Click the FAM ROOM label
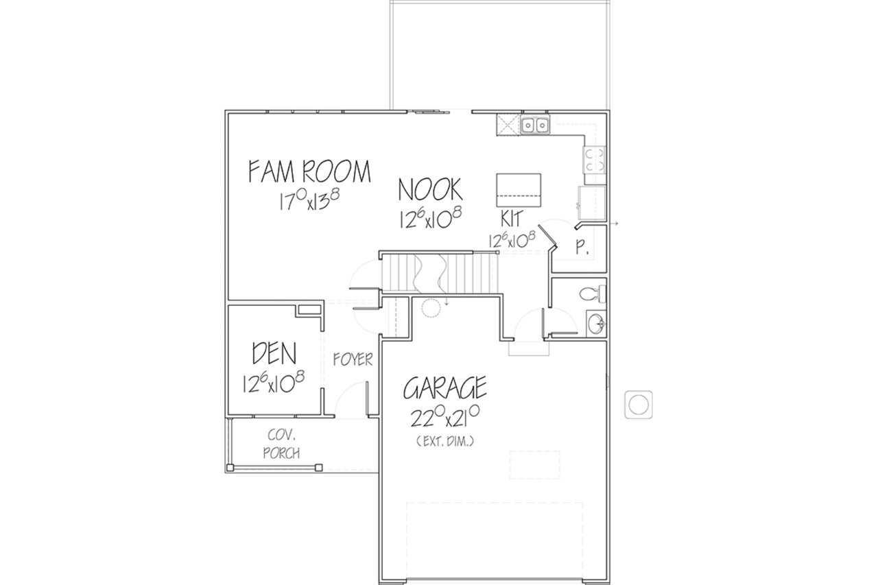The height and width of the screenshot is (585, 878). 309,171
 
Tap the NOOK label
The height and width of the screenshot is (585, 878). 430,190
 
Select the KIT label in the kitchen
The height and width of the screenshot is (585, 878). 512,219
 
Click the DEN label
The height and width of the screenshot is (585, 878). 274,353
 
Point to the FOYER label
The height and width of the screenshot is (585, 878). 353,359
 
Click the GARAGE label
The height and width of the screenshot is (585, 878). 445,387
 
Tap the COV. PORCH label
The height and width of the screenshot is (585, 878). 281,444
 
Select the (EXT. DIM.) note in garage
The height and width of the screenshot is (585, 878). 445,442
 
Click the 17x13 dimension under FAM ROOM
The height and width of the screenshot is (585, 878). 309,200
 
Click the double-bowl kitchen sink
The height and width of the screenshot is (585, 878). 535,126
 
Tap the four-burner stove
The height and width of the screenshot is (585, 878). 595,160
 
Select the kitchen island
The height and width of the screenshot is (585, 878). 519,190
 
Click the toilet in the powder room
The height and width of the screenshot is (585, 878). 593,294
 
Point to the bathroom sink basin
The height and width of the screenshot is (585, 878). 597,324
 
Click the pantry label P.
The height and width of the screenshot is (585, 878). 582,248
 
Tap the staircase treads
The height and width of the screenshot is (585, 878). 439,273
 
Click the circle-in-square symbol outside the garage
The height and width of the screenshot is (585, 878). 639,405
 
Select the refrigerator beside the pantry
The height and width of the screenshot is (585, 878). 592,202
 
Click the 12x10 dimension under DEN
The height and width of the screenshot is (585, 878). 274,383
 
